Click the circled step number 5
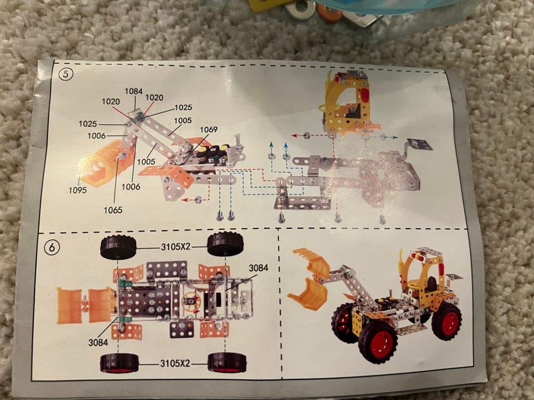[x=66, y=74]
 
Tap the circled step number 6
[x=52, y=247]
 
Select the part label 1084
[x=133, y=91]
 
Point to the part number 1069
[x=209, y=129]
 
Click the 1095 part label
[x=78, y=190]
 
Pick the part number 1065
[x=113, y=210]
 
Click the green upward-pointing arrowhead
[x=271, y=144]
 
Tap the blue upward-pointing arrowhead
[x=286, y=145]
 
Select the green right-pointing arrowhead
[x=395, y=137]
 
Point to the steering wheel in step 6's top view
[x=191, y=301]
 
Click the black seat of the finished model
[x=431, y=283]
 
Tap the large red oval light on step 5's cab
[x=364, y=94]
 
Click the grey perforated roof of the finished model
[x=428, y=252]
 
